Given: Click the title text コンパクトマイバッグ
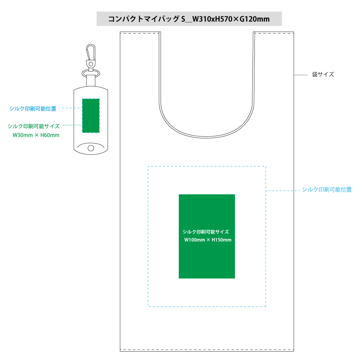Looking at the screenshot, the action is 144,19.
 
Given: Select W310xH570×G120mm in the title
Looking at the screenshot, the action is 231,19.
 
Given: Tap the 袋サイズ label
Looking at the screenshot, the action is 323,74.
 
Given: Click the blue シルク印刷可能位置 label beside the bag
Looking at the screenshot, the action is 327,190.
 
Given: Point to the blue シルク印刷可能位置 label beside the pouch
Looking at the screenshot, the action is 33,108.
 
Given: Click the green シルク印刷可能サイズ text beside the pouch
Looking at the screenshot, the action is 34,126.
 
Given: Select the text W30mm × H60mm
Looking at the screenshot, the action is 36,135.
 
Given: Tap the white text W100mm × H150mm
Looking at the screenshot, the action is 208,240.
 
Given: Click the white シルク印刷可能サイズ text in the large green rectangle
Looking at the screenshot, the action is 206,232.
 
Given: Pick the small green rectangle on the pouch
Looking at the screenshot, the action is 91,116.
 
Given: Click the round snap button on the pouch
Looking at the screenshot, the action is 91,148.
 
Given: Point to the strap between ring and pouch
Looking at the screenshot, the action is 91,80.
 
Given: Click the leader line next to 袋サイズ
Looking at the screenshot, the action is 300,75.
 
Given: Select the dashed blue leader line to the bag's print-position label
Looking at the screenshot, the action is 283,190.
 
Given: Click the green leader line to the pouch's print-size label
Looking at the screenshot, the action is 72,125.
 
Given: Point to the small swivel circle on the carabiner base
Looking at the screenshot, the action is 91,64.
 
